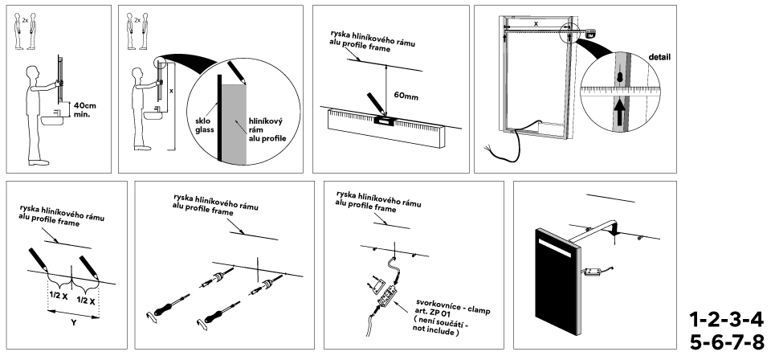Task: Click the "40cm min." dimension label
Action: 84,109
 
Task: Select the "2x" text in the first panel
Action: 24,17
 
